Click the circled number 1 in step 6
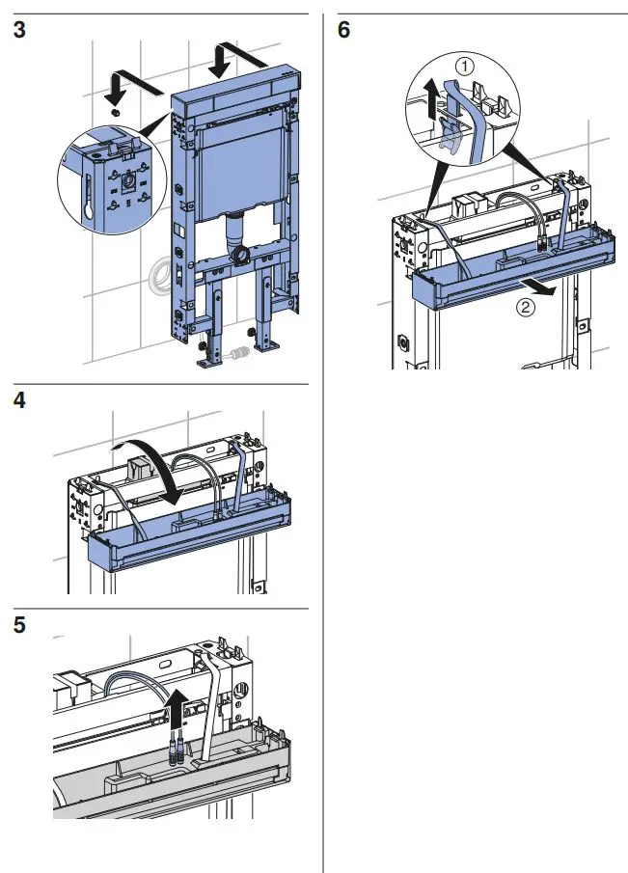point(465,67)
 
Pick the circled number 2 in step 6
point(523,310)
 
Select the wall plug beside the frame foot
point(237,355)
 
